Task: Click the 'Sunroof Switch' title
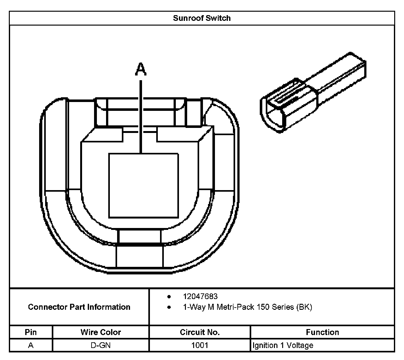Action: pyautogui.click(x=202, y=18)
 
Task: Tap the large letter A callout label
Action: pyautogui.click(x=141, y=69)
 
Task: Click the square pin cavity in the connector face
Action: pyautogui.click(x=143, y=186)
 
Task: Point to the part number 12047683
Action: pyautogui.click(x=200, y=296)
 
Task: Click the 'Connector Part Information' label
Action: pyautogui.click(x=79, y=307)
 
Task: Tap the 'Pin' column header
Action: pyautogui.click(x=31, y=332)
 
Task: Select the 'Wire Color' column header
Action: pyautogui.click(x=101, y=332)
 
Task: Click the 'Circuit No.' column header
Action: pyautogui.click(x=199, y=332)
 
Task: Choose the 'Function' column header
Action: pyautogui.click(x=322, y=332)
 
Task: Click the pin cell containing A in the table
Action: pyautogui.click(x=31, y=345)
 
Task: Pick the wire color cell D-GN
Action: pyautogui.click(x=101, y=345)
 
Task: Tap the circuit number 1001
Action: pyautogui.click(x=199, y=345)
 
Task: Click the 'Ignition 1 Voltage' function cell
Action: pyautogui.click(x=283, y=345)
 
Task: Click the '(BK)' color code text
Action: pyautogui.click(x=304, y=307)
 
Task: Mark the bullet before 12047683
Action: pyautogui.click(x=169, y=297)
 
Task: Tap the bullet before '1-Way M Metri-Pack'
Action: pyautogui.click(x=169, y=307)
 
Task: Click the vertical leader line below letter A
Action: pyautogui.click(x=141, y=117)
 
